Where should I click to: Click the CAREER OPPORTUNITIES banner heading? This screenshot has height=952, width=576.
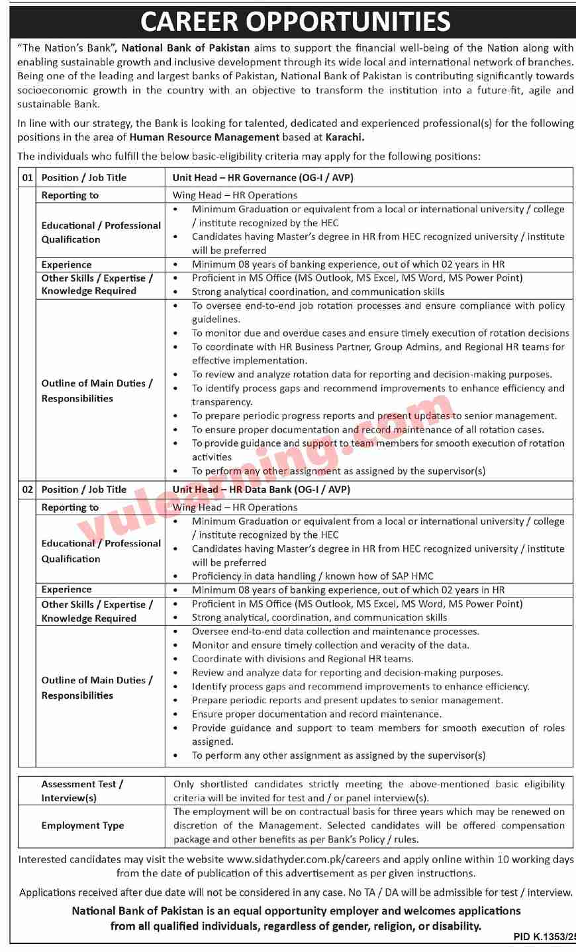point(295,22)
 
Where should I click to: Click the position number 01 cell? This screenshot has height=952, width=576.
point(27,177)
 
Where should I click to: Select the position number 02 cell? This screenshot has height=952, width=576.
point(27,490)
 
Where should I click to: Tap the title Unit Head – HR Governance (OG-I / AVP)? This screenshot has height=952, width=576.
point(262,177)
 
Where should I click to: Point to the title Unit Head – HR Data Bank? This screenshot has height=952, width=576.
point(261,490)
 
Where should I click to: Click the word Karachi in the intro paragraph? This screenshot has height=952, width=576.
point(344,138)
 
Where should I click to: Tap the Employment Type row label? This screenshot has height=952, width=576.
point(83,826)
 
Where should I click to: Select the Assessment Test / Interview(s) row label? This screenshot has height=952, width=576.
point(82,791)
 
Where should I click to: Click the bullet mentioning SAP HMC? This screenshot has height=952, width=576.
point(312,576)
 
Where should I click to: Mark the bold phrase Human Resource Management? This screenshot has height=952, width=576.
point(205,138)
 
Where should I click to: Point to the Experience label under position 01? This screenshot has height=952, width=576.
point(66,265)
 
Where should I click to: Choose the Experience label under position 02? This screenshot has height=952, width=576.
point(66,589)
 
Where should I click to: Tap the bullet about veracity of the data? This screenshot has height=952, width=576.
point(330,645)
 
